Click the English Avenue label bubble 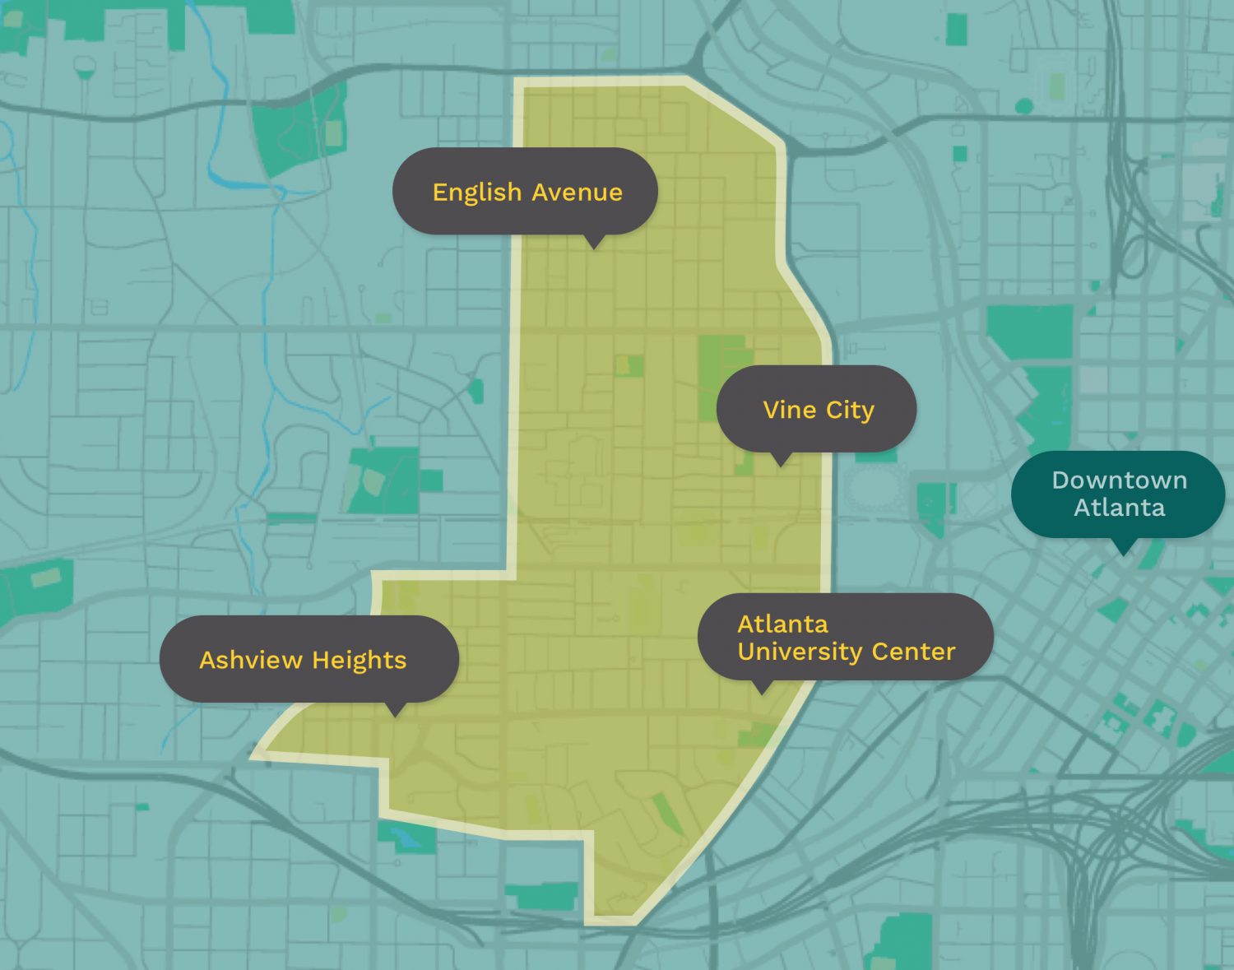527,191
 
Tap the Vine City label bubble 817,409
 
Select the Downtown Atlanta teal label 1119,494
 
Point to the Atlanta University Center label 846,637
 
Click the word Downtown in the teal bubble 1119,480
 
